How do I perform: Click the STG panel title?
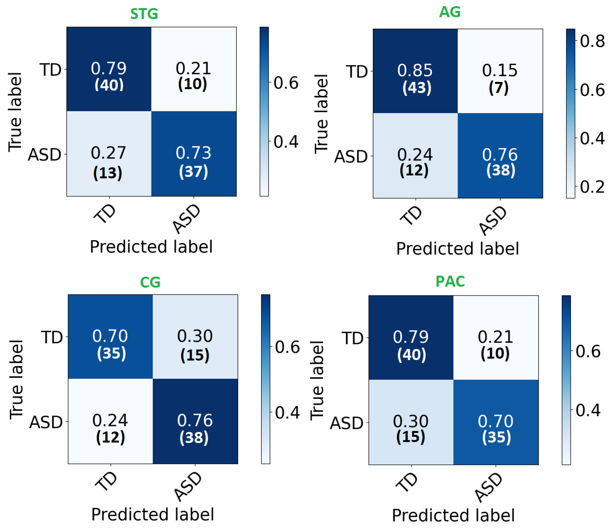[144, 14]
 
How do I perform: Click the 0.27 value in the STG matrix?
[108, 153]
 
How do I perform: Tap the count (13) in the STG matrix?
[108, 173]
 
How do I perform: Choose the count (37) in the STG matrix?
[193, 171]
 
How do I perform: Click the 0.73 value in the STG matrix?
[193, 153]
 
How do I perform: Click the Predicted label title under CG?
[153, 514]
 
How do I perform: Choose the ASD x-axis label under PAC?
[489, 488]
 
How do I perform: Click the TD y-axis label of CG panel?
[52, 337]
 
